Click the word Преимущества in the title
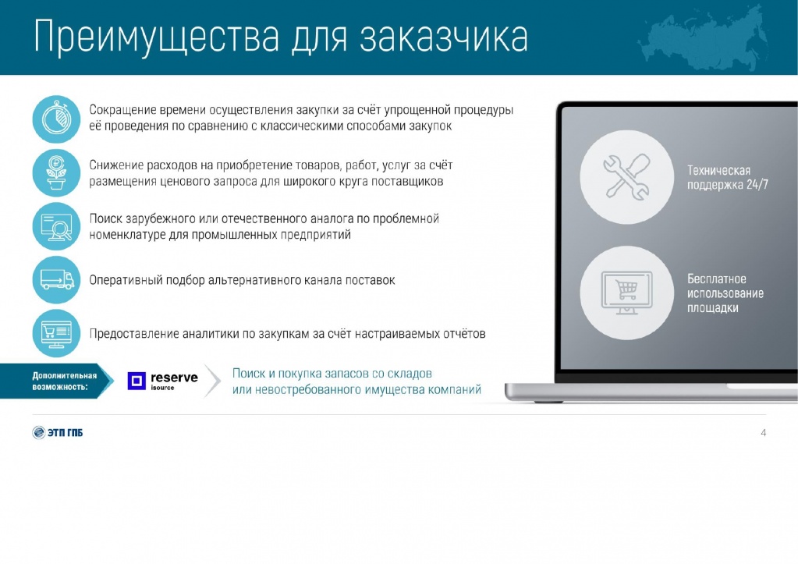(157, 37)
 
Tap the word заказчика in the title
(443, 37)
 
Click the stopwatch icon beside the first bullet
(56, 119)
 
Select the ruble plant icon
(56, 173)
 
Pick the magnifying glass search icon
(56, 226)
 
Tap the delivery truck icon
(56, 279)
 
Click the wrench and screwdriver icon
(627, 176)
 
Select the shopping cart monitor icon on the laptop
(627, 293)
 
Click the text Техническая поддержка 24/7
(727, 177)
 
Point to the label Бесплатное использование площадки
(725, 293)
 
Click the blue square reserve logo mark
(137, 381)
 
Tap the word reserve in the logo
(174, 378)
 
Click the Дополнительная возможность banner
(57, 381)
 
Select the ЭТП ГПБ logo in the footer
(58, 432)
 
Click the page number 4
(763, 433)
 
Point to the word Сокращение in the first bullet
(122, 111)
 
